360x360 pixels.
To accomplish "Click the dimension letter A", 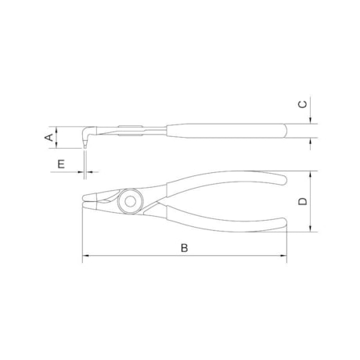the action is coord(49,137).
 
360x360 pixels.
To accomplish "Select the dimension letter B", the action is coord(185,248).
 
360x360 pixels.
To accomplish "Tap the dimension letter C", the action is coord(303,104).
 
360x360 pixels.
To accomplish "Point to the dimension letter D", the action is coord(303,201).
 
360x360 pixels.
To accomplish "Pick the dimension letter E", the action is coord(61,164).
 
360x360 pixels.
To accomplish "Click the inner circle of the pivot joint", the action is coord(130,201).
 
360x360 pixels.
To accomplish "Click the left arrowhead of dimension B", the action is coord(86,256).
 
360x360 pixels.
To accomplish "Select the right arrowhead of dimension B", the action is coord(283,256).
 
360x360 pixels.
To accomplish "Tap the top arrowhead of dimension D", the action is coord(311,175).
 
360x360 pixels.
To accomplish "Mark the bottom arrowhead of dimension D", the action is coord(311,229).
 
